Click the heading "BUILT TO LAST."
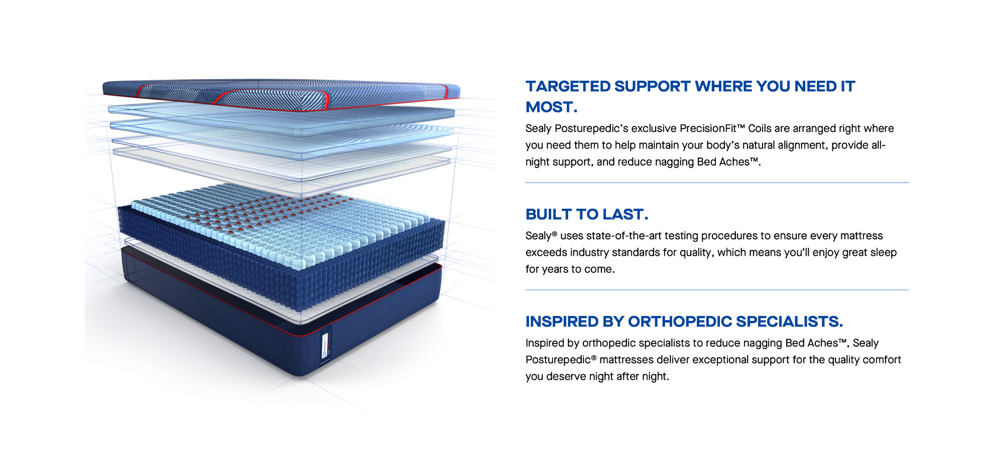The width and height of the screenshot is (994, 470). [x=587, y=214]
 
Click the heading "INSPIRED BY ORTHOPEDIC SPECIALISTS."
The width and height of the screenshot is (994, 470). [x=684, y=322]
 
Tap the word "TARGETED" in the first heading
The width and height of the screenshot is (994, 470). [x=568, y=86]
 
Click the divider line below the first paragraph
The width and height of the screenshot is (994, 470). [x=717, y=183]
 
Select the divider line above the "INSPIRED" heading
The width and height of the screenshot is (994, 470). [x=717, y=290]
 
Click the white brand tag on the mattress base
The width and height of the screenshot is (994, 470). [x=324, y=346]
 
